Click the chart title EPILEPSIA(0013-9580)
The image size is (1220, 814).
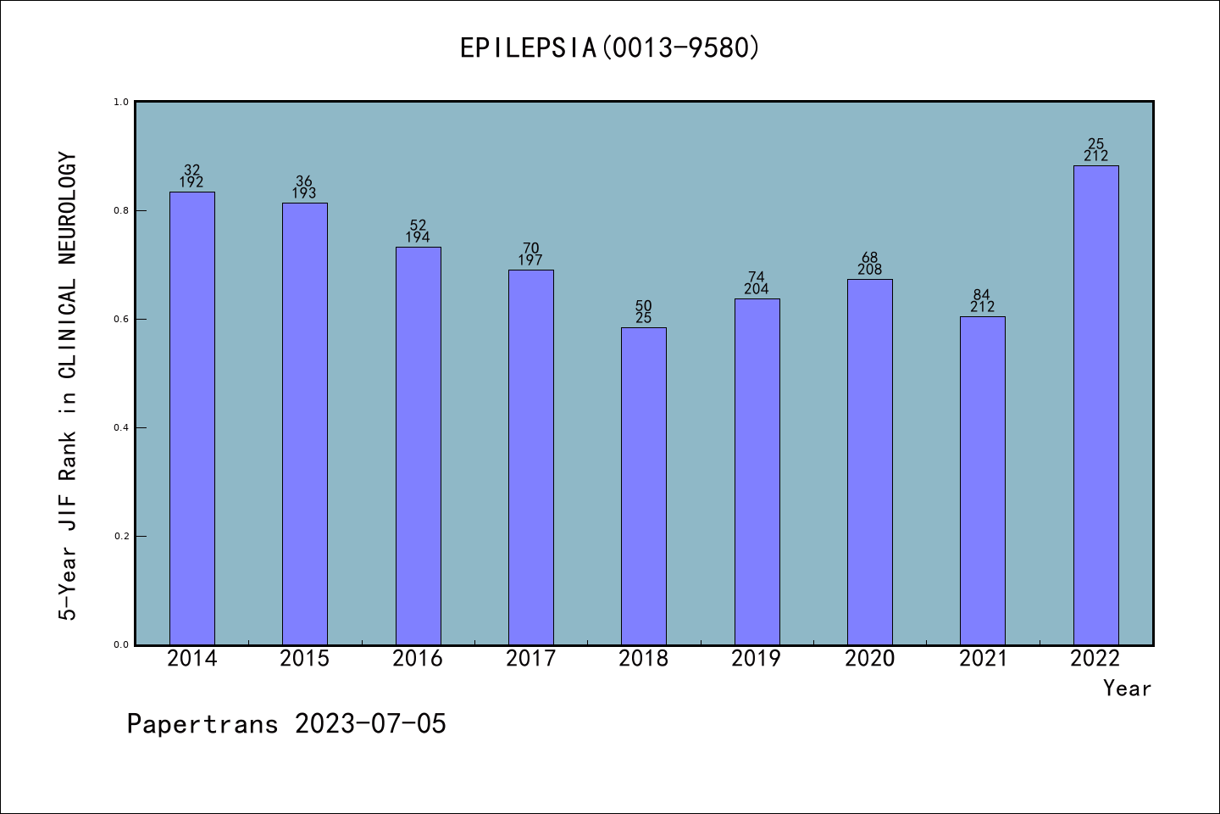[x=609, y=47]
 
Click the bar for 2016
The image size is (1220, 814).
[x=419, y=446]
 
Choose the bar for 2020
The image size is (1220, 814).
[x=870, y=462]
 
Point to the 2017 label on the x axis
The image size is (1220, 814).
[x=530, y=659]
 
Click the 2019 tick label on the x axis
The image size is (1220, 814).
[x=757, y=659]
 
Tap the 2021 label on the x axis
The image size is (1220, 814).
[x=983, y=659]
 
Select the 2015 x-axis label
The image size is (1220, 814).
[x=305, y=659]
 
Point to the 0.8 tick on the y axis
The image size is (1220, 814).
[x=121, y=210]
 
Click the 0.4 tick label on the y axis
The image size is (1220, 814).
[x=121, y=427]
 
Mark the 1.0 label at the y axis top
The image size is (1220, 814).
[x=121, y=102]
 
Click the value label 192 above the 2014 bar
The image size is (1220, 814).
[x=191, y=182]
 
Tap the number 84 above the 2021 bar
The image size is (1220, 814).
[x=982, y=295]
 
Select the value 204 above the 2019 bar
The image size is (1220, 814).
[x=757, y=289]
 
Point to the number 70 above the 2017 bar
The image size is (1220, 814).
[x=530, y=248]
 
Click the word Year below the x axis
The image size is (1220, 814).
[x=1127, y=689]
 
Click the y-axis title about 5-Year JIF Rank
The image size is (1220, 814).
[x=68, y=387]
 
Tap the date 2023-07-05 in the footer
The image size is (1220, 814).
[x=370, y=724]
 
